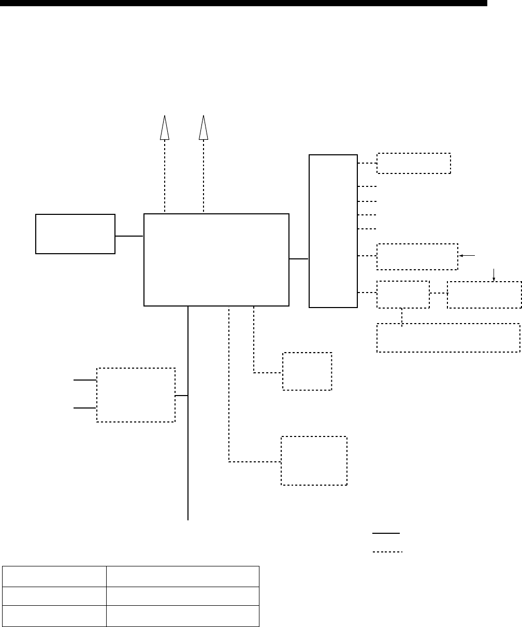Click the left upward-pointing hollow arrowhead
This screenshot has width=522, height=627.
pyautogui.click(x=165, y=127)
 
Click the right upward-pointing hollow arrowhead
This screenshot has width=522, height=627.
pyautogui.click(x=204, y=127)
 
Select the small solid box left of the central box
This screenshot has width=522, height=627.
pyautogui.click(x=75, y=234)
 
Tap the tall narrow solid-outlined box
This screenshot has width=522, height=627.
pyautogui.click(x=333, y=230)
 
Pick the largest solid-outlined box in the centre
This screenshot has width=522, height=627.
pyautogui.click(x=216, y=259)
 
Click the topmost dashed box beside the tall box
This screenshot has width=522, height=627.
pyautogui.click(x=414, y=163)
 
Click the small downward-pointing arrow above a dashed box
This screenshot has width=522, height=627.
pyautogui.click(x=495, y=275)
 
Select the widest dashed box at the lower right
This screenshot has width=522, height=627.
pyautogui.click(x=448, y=338)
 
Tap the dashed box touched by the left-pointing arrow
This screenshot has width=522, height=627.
pyautogui.click(x=417, y=256)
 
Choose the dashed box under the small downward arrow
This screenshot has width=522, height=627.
pyautogui.click(x=484, y=295)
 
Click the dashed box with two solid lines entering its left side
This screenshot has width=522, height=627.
pyautogui.click(x=136, y=395)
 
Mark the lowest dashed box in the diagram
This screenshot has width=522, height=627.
pyautogui.click(x=314, y=461)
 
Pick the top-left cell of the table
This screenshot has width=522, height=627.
pyautogui.click(x=54, y=576)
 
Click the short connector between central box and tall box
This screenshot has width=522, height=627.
pyautogui.click(x=299, y=259)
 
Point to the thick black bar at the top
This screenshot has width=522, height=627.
pyautogui.click(x=243, y=4)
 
